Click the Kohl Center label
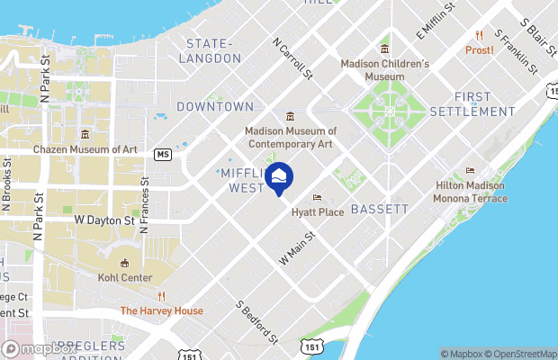125,277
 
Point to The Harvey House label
162,311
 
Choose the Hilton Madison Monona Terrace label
470,192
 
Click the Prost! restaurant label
479,50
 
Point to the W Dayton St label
103,219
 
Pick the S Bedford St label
257,323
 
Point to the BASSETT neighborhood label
379,209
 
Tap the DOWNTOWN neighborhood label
215,106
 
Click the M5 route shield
162,154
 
